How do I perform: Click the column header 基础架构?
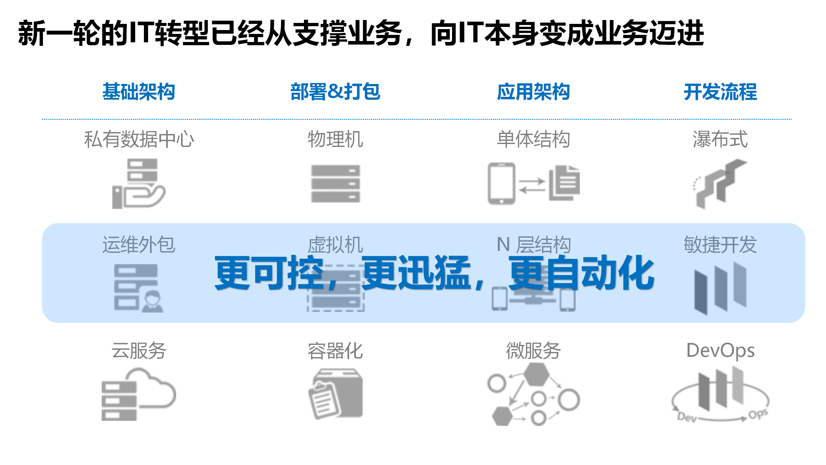pyautogui.click(x=139, y=92)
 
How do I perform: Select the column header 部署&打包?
pyautogui.click(x=335, y=92)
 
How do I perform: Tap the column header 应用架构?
pyautogui.click(x=533, y=92)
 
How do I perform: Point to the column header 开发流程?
pyautogui.click(x=720, y=92)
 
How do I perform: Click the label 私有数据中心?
pyautogui.click(x=139, y=139)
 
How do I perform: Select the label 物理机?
pyautogui.click(x=335, y=139)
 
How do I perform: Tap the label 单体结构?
pyautogui.click(x=533, y=139)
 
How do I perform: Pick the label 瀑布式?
pyautogui.click(x=720, y=139)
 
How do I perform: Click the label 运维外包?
pyautogui.click(x=139, y=244)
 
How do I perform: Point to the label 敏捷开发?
pyautogui.click(x=720, y=244)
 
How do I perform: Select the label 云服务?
pyautogui.click(x=139, y=351)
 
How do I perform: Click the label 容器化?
pyautogui.click(x=335, y=351)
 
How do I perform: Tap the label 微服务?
pyautogui.click(x=533, y=351)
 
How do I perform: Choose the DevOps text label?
pyautogui.click(x=720, y=351)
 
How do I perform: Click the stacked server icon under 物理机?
pyautogui.click(x=335, y=184)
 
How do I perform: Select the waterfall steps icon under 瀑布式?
pyautogui.click(x=720, y=184)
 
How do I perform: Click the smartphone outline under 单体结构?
pyautogui.click(x=501, y=183)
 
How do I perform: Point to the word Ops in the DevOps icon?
pyautogui.click(x=758, y=414)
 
